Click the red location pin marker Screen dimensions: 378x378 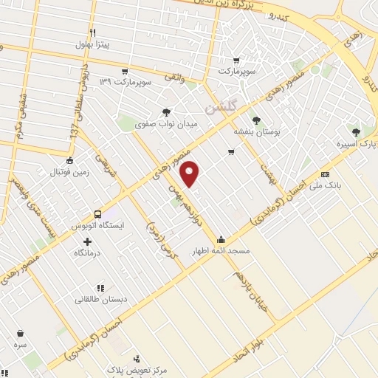pyautogui.click(x=190, y=173)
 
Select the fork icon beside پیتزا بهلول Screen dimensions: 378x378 pyautogui.click(x=93, y=32)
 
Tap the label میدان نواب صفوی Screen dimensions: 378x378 pyautogui.click(x=167, y=125)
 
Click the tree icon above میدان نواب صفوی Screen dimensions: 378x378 pyautogui.click(x=167, y=113)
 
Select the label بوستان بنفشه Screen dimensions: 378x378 pyautogui.click(x=255, y=131)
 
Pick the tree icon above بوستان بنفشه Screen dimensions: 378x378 pyautogui.click(x=256, y=120)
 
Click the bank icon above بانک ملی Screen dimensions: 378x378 pyautogui.click(x=325, y=174)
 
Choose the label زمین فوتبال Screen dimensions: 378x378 pyautogui.click(x=69, y=172)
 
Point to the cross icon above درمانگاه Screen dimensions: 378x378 pyautogui.click(x=88, y=241)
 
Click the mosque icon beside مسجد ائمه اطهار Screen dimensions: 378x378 pyautogui.click(x=221, y=238)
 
